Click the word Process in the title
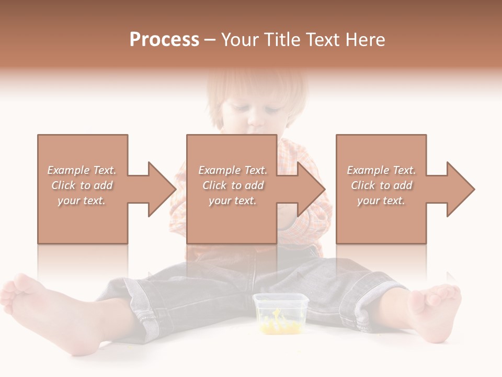click(x=164, y=40)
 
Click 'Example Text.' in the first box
click(x=82, y=170)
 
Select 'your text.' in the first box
click(x=82, y=201)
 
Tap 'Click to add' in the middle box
click(x=233, y=185)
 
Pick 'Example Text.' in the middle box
click(x=233, y=170)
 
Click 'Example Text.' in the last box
click(x=381, y=170)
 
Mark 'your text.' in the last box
click(x=381, y=201)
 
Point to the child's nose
click(x=256, y=123)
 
